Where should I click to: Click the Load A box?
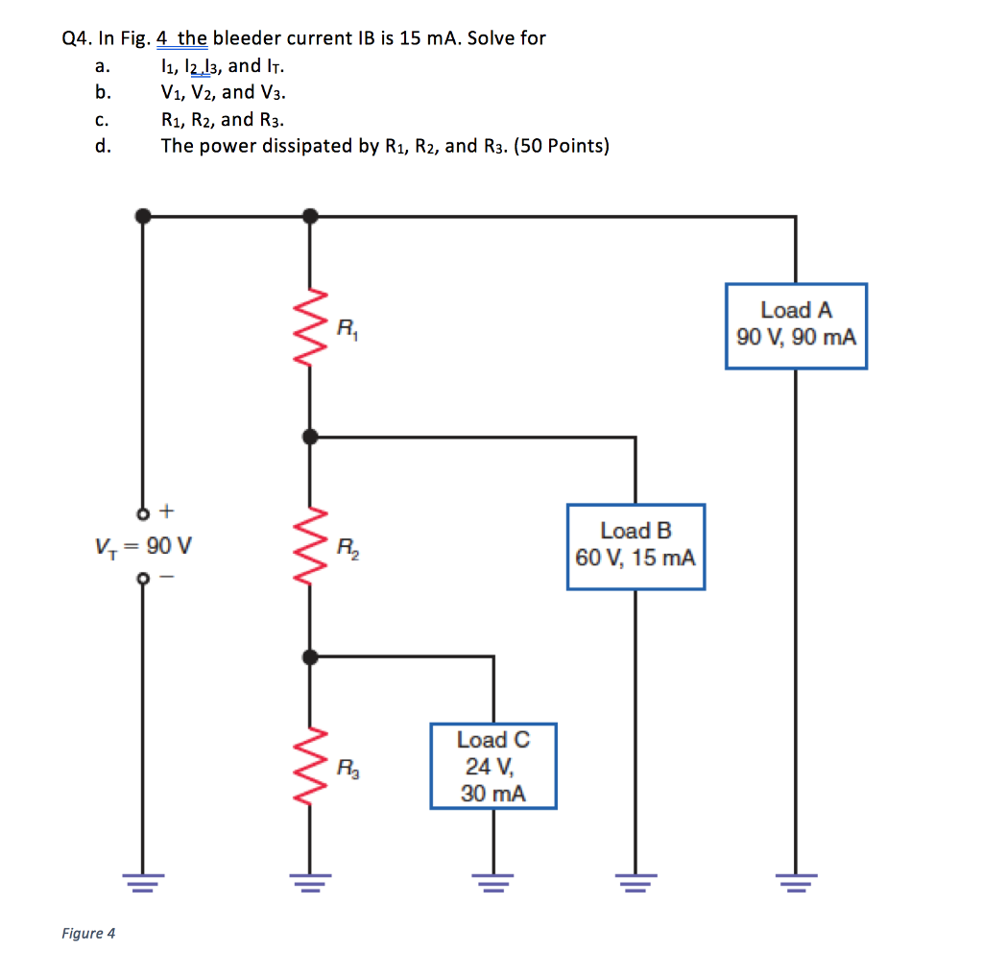[796, 325]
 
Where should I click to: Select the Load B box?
[635, 546]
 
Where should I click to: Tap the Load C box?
[493, 767]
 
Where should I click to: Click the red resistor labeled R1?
[310, 325]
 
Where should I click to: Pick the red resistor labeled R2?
[310, 546]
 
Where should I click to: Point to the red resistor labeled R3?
[310, 766]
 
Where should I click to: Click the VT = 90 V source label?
[143, 546]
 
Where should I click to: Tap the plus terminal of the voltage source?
[143, 510]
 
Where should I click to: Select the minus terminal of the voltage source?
[143, 580]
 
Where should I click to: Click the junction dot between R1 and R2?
[310, 437]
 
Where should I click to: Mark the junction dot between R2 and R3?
[310, 656]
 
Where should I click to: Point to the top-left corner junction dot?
[143, 217]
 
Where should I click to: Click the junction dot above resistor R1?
[310, 217]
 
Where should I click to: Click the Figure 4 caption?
[88, 933]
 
